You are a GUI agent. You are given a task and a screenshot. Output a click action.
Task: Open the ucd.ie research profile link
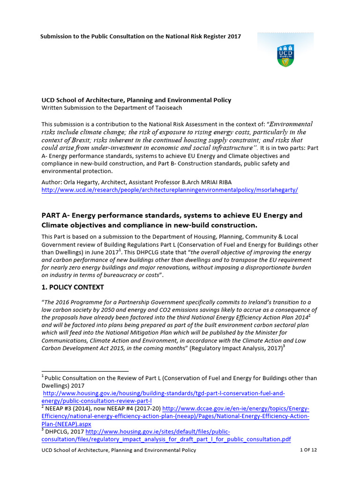click(169, 190)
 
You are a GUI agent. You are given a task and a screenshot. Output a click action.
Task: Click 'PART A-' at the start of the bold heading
click(57, 215)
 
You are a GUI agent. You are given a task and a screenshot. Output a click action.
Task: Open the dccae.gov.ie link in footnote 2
click(234, 408)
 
